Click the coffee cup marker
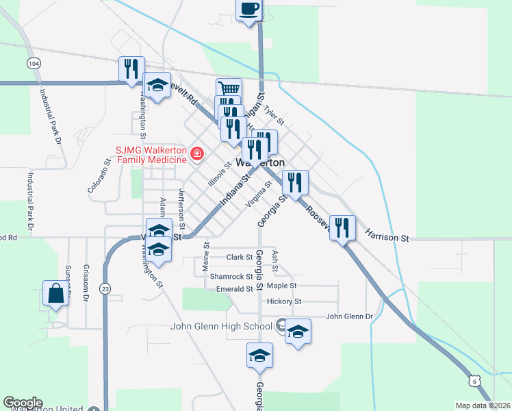click(248, 10)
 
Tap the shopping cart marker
click(229, 89)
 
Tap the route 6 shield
click(476, 380)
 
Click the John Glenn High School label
click(222, 326)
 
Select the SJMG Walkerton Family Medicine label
click(151, 154)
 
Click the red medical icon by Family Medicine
click(197, 154)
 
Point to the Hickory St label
click(285, 301)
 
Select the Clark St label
click(240, 258)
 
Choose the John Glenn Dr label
click(348, 316)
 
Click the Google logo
click(22, 403)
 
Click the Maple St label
click(281, 286)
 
